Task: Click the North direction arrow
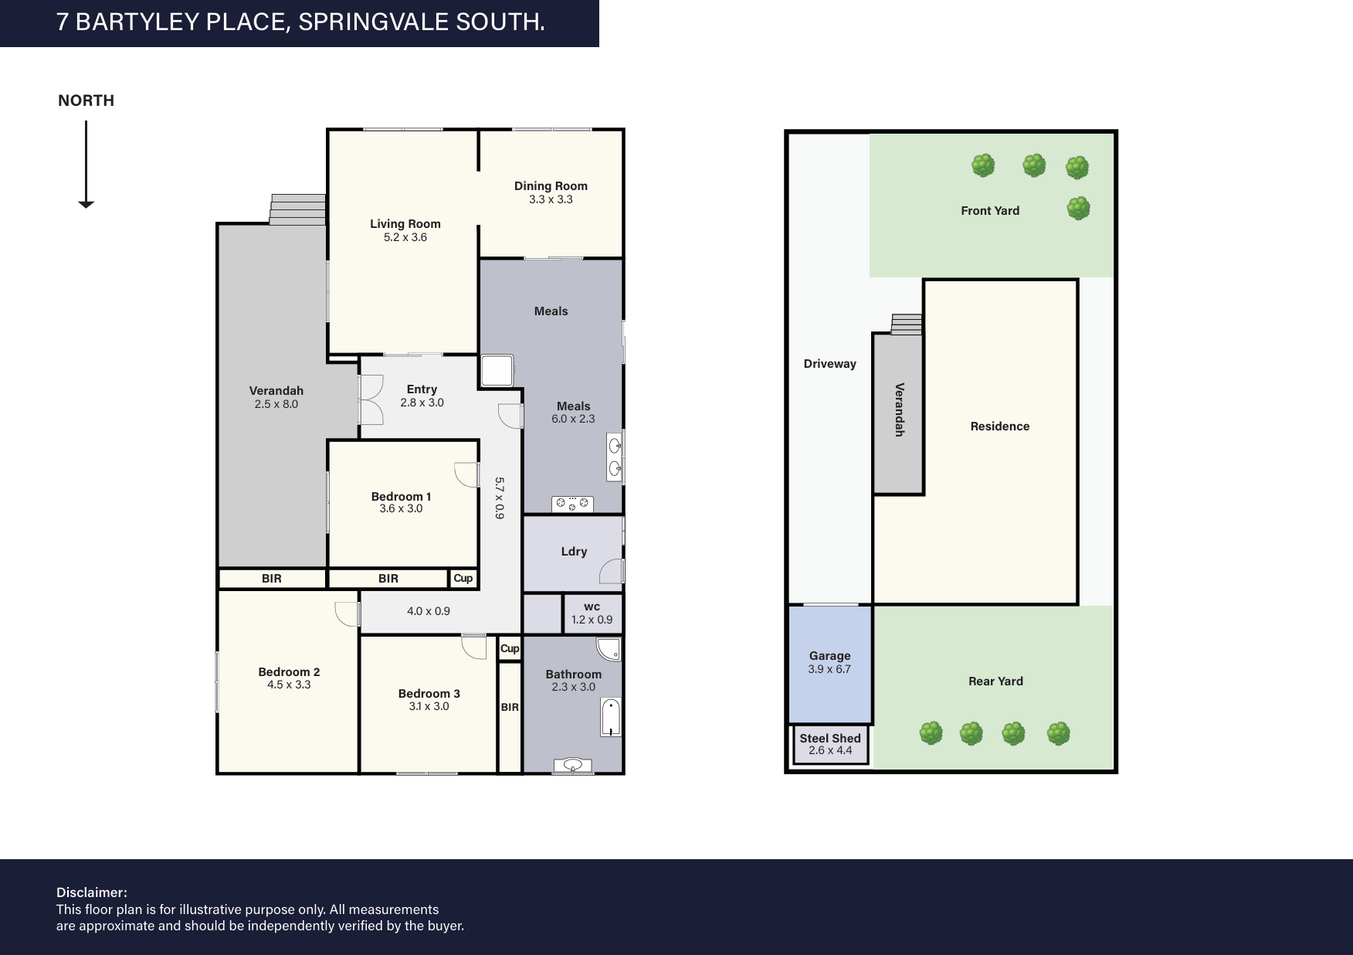coord(86,165)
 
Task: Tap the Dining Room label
coord(551,185)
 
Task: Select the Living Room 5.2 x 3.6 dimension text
coord(405,237)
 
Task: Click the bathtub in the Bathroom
coord(611,718)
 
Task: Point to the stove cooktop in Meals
coord(572,504)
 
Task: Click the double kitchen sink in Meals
coord(615,457)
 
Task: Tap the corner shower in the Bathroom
coord(609,649)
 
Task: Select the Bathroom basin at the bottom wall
coord(572,766)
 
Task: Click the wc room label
coord(592,607)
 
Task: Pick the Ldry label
coord(574,552)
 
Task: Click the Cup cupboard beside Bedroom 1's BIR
coord(463,579)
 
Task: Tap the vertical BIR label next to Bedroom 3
coord(510,707)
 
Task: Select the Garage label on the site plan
coord(830,656)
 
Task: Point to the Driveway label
coord(830,364)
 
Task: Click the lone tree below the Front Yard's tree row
coord(1078,208)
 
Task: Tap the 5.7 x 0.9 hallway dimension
coord(499,498)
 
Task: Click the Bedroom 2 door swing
coord(348,613)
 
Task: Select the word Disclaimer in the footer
coord(92,893)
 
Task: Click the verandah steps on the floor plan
coord(297,209)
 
